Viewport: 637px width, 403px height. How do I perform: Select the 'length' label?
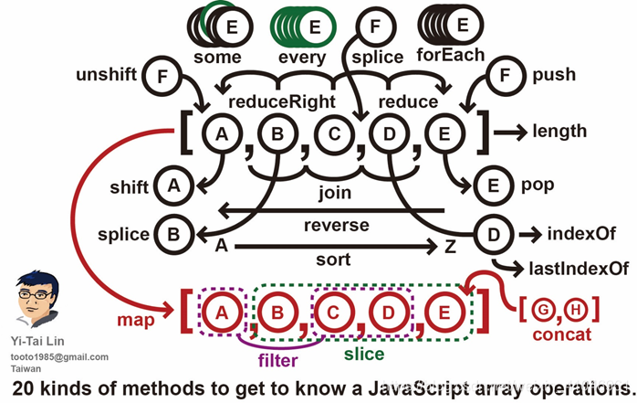point(559,132)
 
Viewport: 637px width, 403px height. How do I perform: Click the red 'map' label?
point(134,322)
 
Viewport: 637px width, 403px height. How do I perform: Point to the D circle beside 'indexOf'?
point(494,234)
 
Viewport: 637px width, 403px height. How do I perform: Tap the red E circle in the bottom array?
point(444,313)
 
